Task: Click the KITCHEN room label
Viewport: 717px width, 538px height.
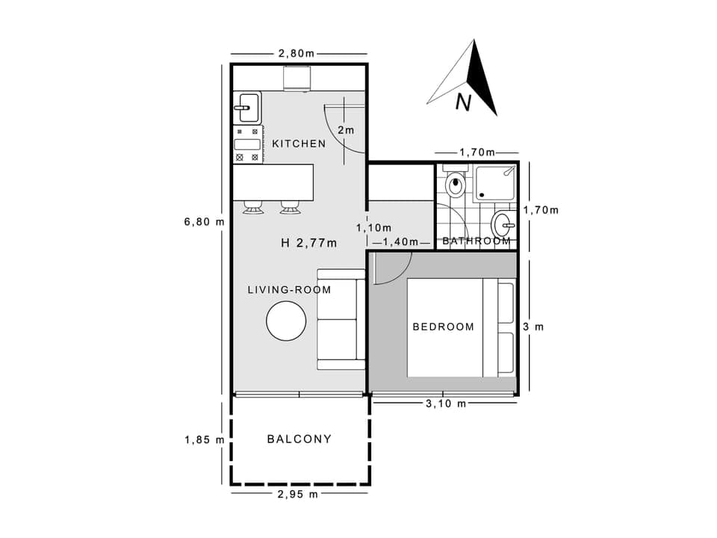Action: [299, 143]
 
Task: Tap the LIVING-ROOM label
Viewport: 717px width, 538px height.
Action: [289, 289]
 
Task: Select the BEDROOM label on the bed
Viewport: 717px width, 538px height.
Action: [443, 327]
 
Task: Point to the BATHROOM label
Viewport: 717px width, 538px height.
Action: [477, 241]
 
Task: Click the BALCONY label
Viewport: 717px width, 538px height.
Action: [299, 439]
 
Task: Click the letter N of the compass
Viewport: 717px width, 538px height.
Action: [463, 102]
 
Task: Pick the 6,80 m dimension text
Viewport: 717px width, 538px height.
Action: [204, 221]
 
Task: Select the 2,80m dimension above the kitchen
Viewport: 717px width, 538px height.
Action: [297, 53]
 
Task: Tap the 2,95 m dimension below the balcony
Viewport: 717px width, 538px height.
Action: [297, 494]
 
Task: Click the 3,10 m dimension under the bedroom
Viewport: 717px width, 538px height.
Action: [446, 403]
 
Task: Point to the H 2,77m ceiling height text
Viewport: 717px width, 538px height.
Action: [308, 243]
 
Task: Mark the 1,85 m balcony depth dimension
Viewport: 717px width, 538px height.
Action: [204, 440]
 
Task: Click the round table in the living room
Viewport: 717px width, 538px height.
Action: [286, 321]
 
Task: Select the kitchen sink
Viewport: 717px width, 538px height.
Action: [246, 108]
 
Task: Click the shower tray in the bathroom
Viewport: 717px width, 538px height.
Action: [495, 183]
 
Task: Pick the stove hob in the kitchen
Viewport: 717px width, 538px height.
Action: [246, 145]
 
